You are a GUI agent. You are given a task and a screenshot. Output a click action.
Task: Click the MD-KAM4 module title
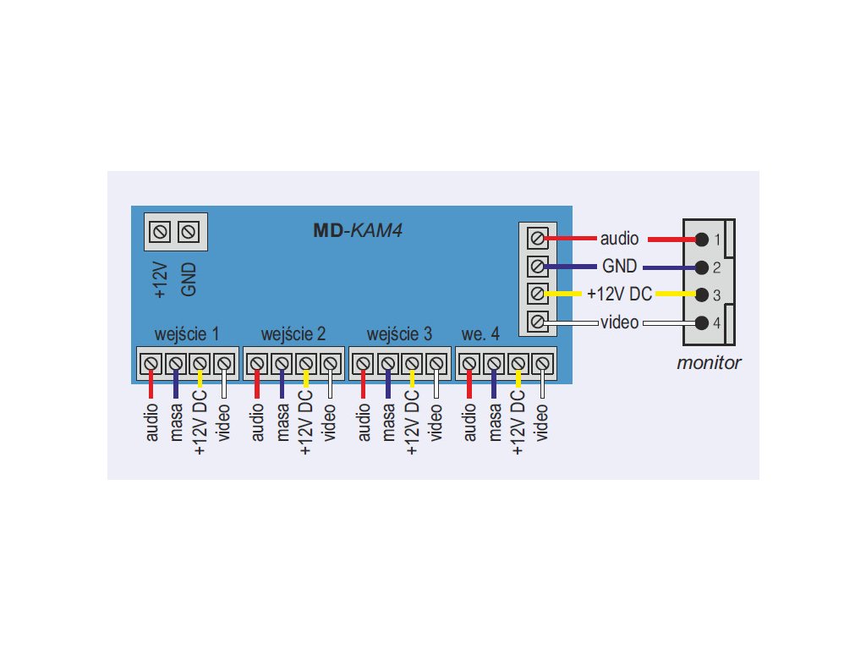354,229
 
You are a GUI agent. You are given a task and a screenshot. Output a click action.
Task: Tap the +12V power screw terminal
162,230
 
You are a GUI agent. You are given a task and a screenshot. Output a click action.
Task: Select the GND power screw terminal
189,230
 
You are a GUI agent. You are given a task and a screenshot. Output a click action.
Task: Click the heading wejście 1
186,333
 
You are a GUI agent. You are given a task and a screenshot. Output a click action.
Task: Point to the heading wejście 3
399,333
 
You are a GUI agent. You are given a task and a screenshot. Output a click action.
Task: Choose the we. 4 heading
480,333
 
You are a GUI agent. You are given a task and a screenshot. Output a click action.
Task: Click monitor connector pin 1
700,240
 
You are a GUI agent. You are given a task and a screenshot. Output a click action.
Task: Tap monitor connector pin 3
700,295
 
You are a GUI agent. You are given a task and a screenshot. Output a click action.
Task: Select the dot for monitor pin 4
700,322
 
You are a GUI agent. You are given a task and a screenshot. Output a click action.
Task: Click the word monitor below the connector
709,364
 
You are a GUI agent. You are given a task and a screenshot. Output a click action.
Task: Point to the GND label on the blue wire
619,267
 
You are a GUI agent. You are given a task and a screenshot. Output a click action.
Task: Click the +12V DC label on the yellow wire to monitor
620,295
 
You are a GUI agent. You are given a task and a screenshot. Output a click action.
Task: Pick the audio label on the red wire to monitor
619,239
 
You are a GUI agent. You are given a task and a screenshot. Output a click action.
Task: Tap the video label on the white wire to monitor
619,322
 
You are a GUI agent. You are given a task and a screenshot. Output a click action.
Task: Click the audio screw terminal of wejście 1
151,364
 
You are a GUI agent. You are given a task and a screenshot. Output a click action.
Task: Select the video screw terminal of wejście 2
330,364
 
